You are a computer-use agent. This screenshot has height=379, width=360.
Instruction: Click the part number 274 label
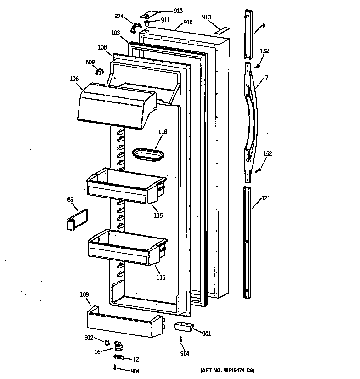tap(119, 17)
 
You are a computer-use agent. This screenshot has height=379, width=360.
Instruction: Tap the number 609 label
tap(90, 62)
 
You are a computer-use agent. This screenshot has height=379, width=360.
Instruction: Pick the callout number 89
tap(70, 199)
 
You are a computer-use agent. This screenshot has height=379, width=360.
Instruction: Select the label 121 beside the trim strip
tap(266, 198)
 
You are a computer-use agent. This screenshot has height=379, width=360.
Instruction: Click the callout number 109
tap(84, 294)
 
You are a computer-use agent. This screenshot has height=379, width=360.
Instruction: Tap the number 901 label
tap(207, 334)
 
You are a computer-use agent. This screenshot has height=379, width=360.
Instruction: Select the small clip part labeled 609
tap(99, 71)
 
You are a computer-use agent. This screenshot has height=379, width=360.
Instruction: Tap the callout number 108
tap(102, 47)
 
